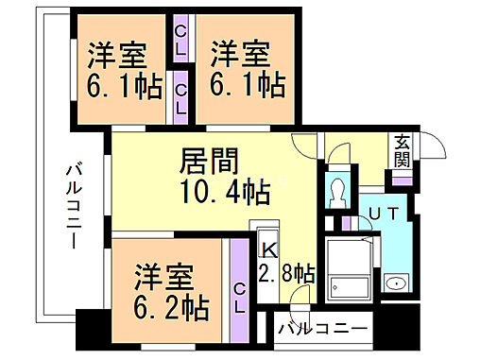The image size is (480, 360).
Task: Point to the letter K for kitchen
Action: point(268,250)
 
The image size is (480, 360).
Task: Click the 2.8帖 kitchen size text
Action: point(287,275)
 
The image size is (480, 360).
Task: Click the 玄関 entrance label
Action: point(402,150)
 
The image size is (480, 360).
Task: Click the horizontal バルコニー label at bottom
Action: point(322,330)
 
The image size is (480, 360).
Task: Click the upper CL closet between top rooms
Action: point(180,41)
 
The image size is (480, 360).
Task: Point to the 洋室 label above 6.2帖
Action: point(160,277)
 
